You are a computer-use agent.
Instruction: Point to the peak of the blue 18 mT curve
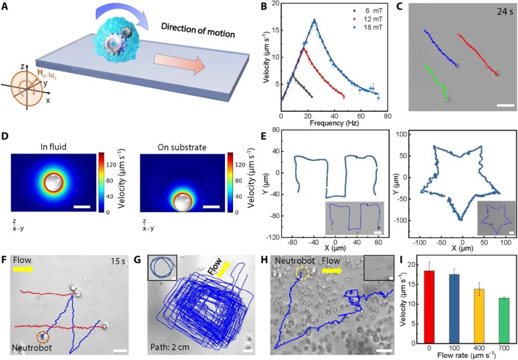coord(315,20)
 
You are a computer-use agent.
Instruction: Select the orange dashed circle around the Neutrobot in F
coord(43,337)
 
